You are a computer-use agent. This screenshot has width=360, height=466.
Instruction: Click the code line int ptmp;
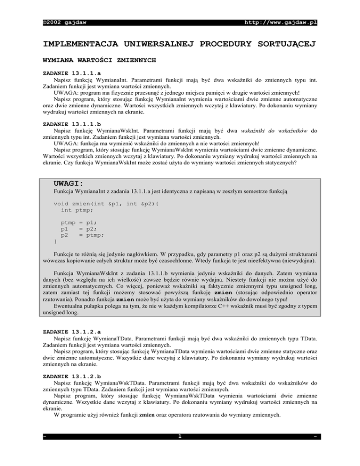click(81, 211)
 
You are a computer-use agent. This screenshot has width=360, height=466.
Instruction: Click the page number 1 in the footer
click(180, 451)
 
